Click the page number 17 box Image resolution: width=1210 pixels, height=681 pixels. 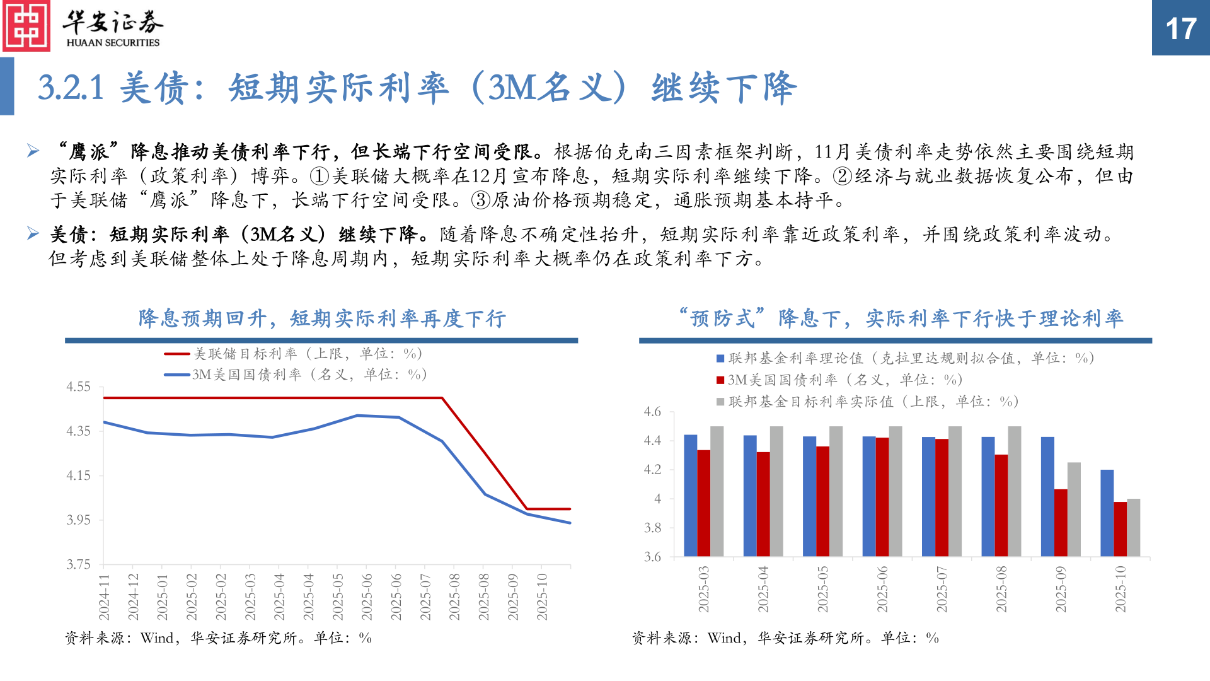coord(1180,28)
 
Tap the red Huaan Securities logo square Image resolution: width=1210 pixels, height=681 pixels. coord(26,26)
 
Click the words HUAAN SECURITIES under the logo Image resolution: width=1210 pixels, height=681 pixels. coord(113,43)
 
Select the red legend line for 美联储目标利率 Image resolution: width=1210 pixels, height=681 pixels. coord(177,354)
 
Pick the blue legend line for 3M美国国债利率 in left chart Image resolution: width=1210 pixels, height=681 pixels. coord(177,375)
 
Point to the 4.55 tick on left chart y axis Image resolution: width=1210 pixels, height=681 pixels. coord(79,387)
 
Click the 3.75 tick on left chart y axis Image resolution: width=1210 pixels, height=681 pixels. coord(79,564)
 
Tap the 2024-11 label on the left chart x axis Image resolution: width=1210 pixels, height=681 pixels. coord(104,597)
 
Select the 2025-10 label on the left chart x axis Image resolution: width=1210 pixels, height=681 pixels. coord(542,597)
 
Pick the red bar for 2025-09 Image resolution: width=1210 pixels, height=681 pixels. coord(1061,523)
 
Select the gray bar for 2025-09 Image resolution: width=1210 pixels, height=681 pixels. coord(1074,509)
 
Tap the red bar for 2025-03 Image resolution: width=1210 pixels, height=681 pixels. coord(703,503)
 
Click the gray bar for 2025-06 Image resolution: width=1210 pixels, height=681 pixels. coord(896,491)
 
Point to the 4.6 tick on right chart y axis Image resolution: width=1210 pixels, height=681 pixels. coord(652,412)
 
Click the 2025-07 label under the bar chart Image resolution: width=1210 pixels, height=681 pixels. coord(942,589)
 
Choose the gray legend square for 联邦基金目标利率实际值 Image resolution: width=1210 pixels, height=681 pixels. coord(720,402)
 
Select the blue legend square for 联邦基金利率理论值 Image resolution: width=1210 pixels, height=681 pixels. coord(720,359)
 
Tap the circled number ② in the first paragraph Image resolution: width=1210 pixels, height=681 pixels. coord(843,177)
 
